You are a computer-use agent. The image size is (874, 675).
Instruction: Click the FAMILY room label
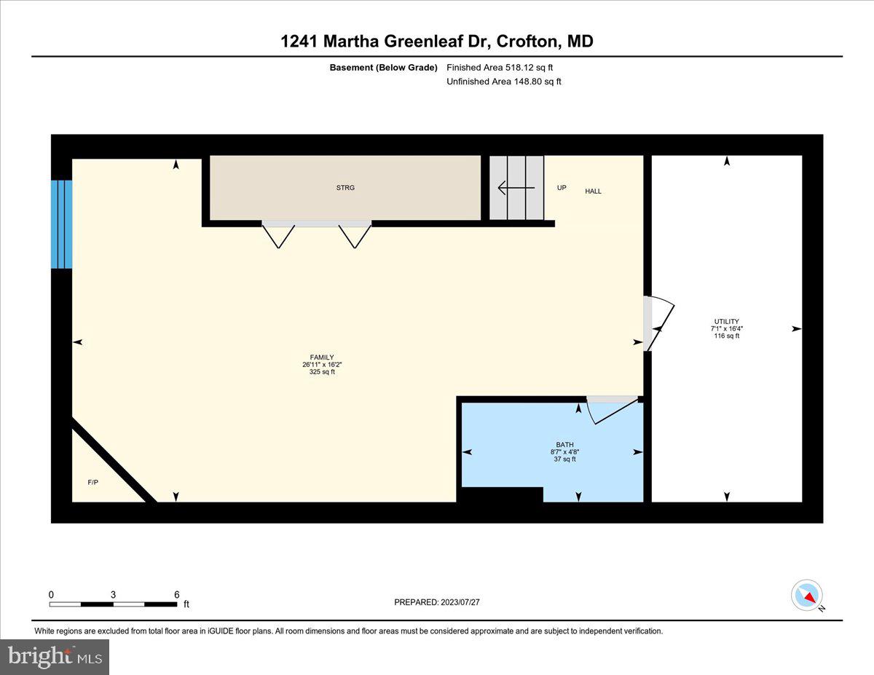322,358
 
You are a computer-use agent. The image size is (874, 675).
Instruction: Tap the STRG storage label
345,188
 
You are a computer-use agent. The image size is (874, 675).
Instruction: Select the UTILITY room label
726,321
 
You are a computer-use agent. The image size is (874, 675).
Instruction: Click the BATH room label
564,444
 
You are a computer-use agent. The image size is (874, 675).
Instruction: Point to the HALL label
594,192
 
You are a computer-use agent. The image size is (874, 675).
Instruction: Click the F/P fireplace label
93,482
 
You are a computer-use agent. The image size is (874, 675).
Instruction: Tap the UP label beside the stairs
562,188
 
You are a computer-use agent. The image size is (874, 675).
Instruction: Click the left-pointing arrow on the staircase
516,188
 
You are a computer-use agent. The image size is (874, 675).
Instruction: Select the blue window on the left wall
62,224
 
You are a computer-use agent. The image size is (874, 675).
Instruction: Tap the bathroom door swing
612,410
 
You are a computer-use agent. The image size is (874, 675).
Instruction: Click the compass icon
807,595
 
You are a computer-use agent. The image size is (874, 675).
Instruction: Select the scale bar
113,604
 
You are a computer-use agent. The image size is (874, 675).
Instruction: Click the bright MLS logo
55,657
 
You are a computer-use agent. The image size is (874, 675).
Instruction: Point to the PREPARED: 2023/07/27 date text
437,602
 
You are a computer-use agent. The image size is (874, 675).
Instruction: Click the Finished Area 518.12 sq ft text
504,68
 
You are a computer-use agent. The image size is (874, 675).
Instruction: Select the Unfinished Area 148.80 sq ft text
504,82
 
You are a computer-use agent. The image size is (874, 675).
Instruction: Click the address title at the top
437,42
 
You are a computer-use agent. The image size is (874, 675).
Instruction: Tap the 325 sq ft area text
322,372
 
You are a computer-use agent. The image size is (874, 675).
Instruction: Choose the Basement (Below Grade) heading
383,68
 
